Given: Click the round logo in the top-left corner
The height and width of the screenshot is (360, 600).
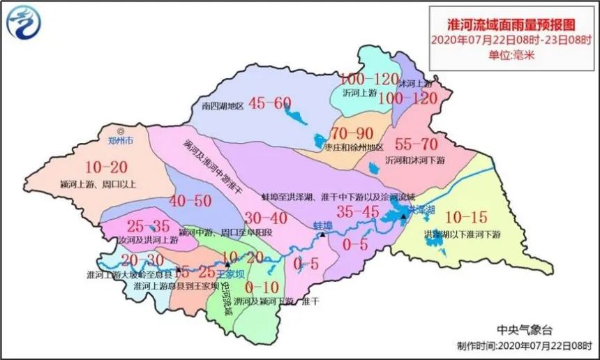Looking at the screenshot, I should click(x=24, y=22).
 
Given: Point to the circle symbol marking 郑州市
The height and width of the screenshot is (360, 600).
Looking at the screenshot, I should click(x=121, y=130).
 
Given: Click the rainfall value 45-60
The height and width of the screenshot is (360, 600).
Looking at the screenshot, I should click(x=269, y=103).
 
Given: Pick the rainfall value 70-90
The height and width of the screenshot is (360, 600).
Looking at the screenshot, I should click(x=354, y=133).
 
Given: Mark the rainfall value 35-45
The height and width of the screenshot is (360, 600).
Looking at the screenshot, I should click(x=358, y=211).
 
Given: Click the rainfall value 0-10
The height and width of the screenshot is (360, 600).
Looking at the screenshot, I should click(x=262, y=287).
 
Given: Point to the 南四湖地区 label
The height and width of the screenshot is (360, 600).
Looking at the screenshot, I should click(x=222, y=107).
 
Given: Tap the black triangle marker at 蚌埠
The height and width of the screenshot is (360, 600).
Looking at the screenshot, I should click(x=323, y=237).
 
